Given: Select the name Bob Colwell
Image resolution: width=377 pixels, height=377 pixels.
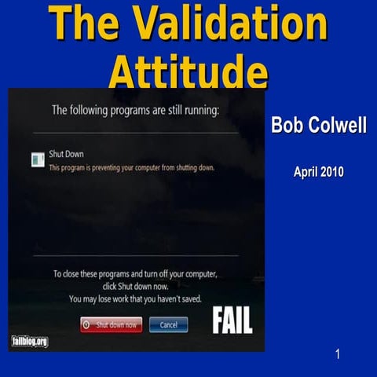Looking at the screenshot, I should (318, 125).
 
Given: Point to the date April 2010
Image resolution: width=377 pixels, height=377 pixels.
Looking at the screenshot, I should (318, 172).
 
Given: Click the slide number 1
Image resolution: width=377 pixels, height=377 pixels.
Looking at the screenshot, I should (338, 355).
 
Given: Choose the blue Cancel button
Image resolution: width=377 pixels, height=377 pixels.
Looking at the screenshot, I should (168, 324).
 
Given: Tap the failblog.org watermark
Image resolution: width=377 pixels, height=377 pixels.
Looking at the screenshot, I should (30, 341).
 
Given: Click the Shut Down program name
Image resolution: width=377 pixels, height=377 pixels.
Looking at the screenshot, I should (66, 155).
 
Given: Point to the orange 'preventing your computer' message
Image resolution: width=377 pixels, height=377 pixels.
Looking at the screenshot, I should (131, 167).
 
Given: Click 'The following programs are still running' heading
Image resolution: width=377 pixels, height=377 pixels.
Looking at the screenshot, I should (134, 111).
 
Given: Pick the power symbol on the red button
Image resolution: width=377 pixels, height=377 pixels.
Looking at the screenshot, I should (87, 324).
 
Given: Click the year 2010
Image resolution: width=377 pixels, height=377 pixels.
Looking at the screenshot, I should (332, 172).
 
